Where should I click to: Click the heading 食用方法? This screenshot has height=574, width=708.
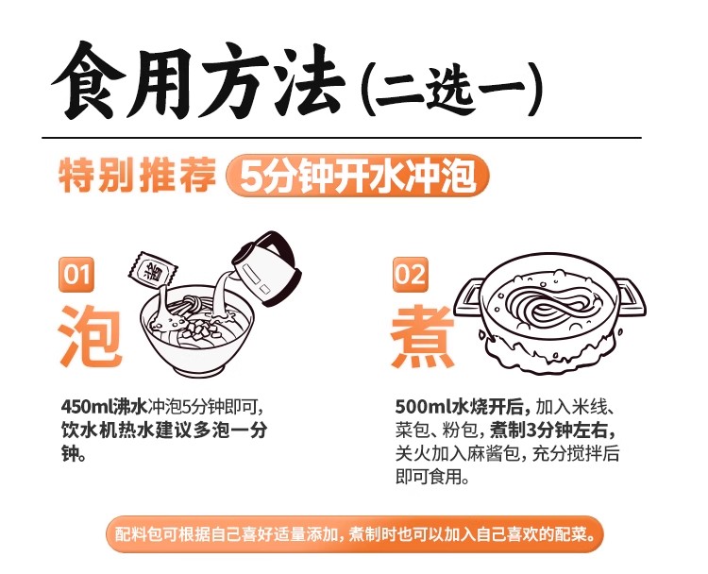click(x=198, y=81)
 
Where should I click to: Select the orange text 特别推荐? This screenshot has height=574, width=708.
click(x=137, y=176)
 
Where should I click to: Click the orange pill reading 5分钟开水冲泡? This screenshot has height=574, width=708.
click(x=357, y=177)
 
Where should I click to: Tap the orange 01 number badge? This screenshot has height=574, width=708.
click(x=76, y=274)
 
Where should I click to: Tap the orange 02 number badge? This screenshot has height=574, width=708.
click(x=410, y=274)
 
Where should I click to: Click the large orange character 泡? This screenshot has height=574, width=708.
click(x=90, y=335)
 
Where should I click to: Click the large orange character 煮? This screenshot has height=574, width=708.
click(x=423, y=336)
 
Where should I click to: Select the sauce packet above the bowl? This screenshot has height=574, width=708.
click(x=152, y=270)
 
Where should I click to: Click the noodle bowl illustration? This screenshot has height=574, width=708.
click(x=197, y=331)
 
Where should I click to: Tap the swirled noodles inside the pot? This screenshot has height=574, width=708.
click(x=548, y=303)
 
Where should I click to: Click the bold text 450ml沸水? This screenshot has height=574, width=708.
click(x=104, y=407)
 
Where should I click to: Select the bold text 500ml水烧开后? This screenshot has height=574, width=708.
click(x=463, y=407)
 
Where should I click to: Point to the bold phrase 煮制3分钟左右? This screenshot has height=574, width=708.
click(x=552, y=430)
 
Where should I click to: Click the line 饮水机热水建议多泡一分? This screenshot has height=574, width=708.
click(x=164, y=430)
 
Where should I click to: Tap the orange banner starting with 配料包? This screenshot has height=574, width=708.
click(x=355, y=534)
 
